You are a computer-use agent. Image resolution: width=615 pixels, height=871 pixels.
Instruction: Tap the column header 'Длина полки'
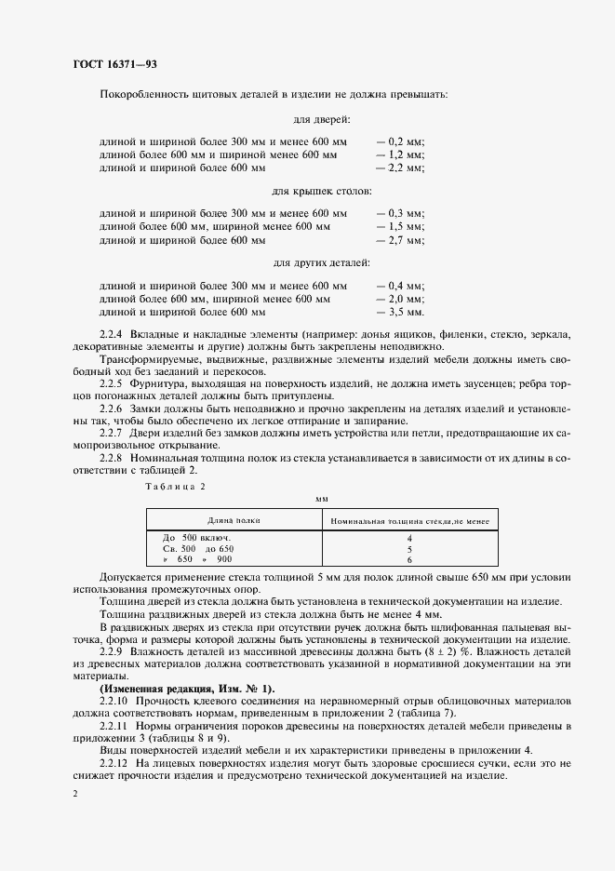(x=234, y=521)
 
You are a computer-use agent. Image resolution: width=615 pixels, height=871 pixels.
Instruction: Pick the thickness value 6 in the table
(x=408, y=560)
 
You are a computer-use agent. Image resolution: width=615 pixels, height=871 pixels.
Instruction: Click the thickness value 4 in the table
(x=408, y=539)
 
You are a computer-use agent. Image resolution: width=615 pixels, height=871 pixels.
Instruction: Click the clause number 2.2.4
(x=114, y=332)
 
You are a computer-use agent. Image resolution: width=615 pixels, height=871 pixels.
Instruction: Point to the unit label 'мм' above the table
(x=322, y=500)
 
